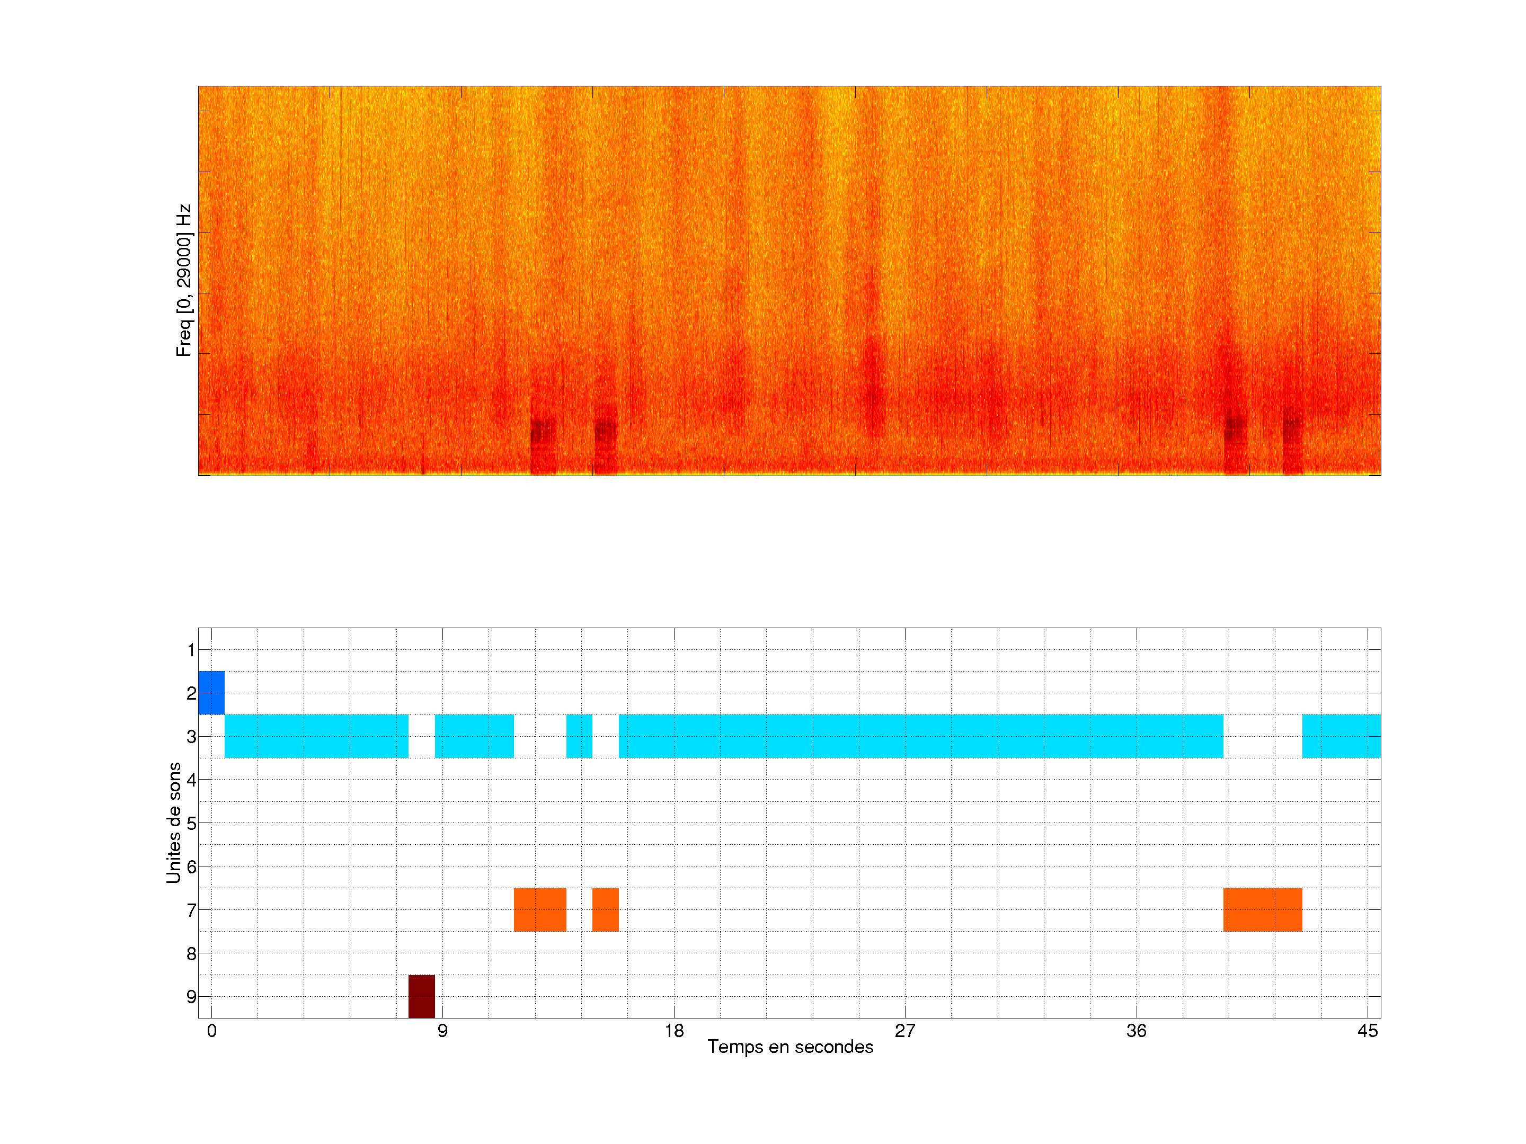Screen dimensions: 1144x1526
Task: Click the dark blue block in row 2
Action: coord(211,692)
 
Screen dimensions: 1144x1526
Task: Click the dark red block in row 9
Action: coord(422,996)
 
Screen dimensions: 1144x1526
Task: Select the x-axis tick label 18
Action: coord(674,1031)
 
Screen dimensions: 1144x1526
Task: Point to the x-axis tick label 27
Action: coord(905,1031)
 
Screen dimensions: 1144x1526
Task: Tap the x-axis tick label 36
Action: coord(1136,1031)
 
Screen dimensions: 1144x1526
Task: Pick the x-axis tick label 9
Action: coord(442,1031)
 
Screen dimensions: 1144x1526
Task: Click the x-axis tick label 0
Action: coord(212,1031)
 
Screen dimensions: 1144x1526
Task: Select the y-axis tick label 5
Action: coord(191,824)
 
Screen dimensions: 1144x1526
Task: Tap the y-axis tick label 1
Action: coord(191,649)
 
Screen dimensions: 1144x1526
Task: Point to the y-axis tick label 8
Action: coord(191,954)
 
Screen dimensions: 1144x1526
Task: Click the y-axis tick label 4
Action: coord(191,780)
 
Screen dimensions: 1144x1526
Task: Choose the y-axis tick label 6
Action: coord(191,867)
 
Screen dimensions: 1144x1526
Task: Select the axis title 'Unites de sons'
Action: coord(173,822)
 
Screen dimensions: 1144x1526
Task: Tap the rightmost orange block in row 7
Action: coord(1263,909)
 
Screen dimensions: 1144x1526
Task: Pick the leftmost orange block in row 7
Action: coord(539,909)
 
